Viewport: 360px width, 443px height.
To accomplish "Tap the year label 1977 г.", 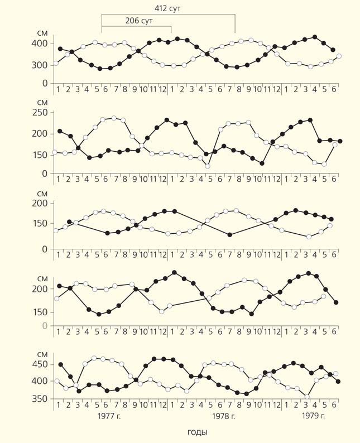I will (111, 416).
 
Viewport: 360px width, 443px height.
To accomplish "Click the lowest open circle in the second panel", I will (208, 166).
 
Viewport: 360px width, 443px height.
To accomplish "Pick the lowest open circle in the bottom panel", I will (307, 397).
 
